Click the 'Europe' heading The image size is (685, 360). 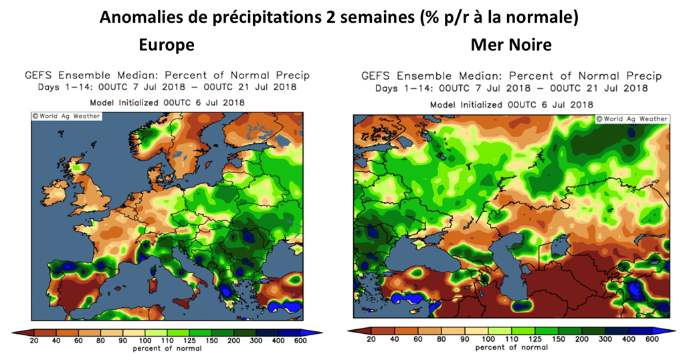pos(167,45)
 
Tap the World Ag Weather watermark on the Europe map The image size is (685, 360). pos(66,116)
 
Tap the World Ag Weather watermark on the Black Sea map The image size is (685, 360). pos(631,119)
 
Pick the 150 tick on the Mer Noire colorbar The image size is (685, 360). pos(559,340)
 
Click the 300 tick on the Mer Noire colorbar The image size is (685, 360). pos(603,340)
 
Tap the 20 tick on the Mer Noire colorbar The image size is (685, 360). pos(370,340)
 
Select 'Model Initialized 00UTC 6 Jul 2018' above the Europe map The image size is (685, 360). pos(167,102)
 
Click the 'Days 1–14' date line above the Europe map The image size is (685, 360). pos(167,87)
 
